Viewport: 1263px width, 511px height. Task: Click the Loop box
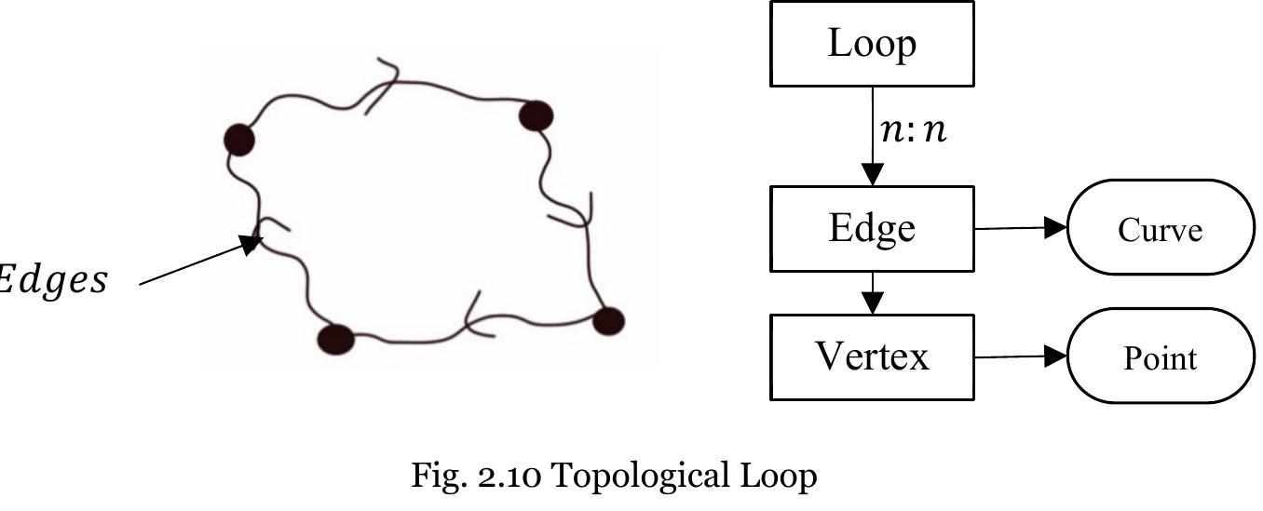coord(872,44)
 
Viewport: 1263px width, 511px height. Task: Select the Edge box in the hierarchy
coord(872,228)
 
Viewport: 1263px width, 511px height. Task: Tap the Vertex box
coord(872,356)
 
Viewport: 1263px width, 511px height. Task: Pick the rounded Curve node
coord(1161,228)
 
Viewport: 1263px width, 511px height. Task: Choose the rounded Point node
coord(1161,357)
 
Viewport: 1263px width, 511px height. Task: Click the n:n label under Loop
coord(913,130)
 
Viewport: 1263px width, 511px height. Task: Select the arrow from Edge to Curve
coord(1021,227)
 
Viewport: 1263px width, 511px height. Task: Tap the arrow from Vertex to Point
coord(1021,356)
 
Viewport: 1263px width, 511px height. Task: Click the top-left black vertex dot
coord(240,140)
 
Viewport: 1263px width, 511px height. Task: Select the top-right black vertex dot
coord(536,116)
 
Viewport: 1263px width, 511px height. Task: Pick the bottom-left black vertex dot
coord(336,339)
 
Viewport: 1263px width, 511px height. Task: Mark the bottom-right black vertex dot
coord(608,321)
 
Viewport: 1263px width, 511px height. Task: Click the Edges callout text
coord(51,280)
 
